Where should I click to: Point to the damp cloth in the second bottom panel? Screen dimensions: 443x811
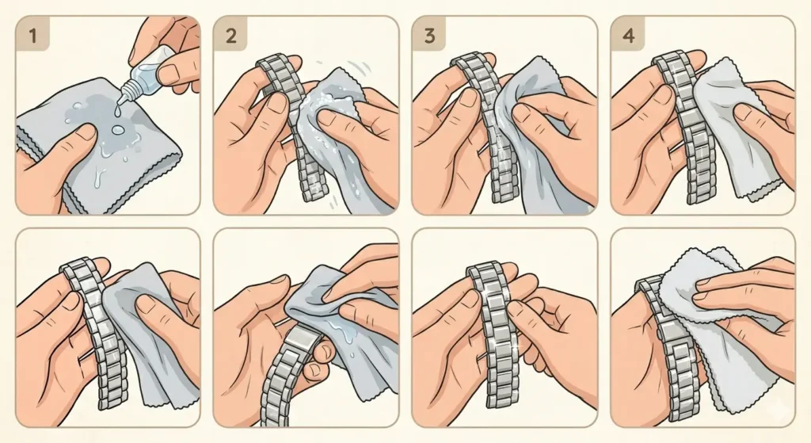[348, 317]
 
